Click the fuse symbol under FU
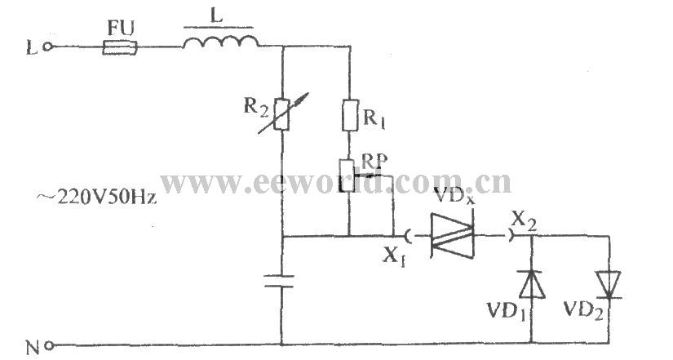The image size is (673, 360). coord(120,47)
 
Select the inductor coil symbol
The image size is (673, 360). coord(220,42)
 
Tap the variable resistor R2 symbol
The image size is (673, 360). coord(282,113)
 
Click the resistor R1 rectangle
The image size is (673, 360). coord(350,115)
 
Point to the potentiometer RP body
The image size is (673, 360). coord(348,176)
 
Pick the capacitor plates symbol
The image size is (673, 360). coord(279,281)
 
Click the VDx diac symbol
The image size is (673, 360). coord(452,236)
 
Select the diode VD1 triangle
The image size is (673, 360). coord(532,284)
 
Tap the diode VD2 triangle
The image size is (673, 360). coord(609,284)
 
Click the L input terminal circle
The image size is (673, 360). coord(48,47)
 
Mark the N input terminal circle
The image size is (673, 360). coord(49,345)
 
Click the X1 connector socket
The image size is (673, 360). coord(407,236)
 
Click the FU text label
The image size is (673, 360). coord(121,29)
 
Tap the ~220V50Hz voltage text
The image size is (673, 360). coord(96,198)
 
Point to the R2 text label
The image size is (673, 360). coord(256,107)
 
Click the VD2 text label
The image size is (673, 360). coord(584,309)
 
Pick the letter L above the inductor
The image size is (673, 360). coord(217,17)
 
